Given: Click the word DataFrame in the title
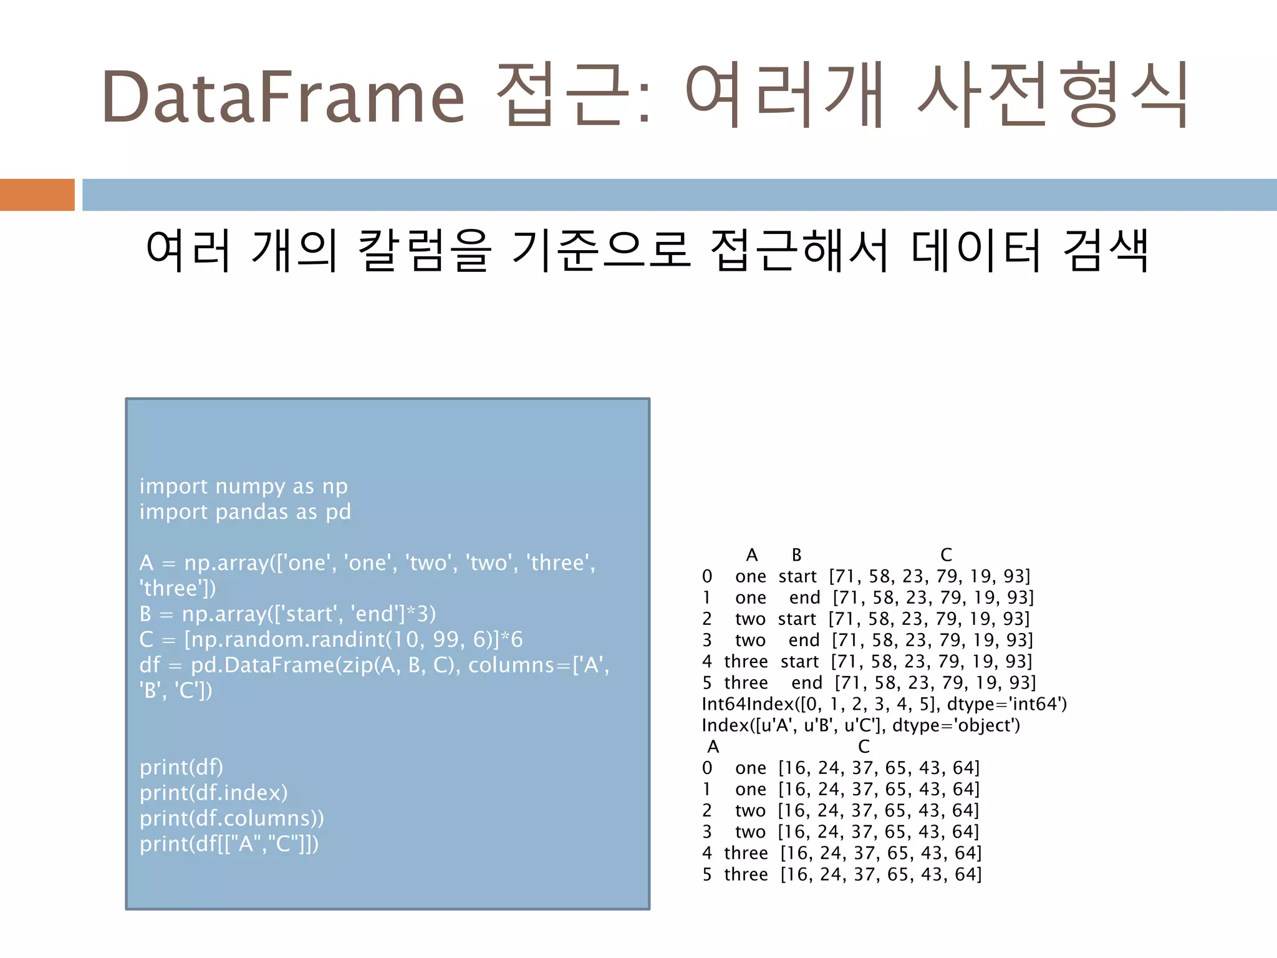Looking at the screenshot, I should [x=283, y=97].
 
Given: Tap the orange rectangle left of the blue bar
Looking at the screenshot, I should [x=37, y=195].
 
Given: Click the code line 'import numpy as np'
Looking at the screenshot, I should [x=243, y=486].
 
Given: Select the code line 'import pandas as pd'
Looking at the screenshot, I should [x=245, y=512].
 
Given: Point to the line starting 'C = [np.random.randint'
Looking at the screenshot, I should [x=331, y=639].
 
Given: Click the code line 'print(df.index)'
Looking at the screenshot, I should [x=213, y=793].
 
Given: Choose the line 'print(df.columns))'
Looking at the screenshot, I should [x=231, y=818].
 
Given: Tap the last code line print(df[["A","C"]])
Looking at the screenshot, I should [x=229, y=844].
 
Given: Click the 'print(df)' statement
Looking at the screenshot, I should [x=181, y=767].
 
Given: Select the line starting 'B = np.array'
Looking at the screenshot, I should [x=287, y=614].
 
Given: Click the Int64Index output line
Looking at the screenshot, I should [x=884, y=704].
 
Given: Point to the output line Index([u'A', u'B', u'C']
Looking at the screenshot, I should [x=860, y=725].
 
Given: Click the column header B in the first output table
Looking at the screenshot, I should [x=796, y=555].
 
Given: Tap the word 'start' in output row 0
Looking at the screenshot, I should [x=797, y=576].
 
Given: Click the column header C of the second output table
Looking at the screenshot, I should [x=864, y=747].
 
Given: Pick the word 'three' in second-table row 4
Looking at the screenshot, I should [x=746, y=853].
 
